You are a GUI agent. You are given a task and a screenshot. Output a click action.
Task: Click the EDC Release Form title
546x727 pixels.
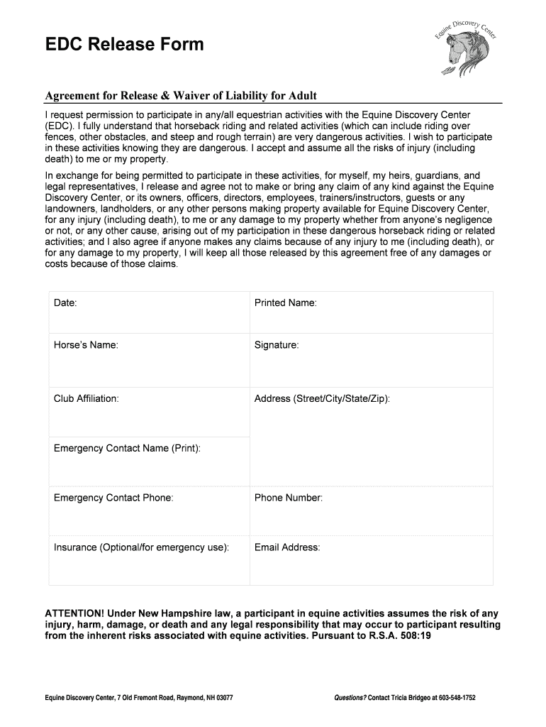(x=125, y=45)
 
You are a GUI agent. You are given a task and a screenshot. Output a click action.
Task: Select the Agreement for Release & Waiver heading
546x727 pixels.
(x=181, y=96)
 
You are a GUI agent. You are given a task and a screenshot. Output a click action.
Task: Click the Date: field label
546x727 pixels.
(x=65, y=303)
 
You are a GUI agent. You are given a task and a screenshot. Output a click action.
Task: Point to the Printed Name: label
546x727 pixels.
(x=285, y=303)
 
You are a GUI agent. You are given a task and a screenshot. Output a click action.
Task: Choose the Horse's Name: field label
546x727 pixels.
(x=86, y=345)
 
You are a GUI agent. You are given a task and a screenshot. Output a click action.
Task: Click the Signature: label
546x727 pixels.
(x=277, y=345)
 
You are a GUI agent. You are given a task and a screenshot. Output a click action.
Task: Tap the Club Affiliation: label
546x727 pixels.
(x=87, y=398)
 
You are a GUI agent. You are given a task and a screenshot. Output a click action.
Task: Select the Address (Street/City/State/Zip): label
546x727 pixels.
(x=322, y=398)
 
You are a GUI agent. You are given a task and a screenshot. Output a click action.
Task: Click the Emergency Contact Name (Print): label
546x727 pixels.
(x=127, y=448)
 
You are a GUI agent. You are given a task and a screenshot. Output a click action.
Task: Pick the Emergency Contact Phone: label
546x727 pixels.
(x=113, y=498)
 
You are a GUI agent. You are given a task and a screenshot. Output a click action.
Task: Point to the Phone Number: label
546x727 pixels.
(x=289, y=498)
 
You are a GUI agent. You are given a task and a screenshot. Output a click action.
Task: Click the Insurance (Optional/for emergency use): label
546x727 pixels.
(x=141, y=547)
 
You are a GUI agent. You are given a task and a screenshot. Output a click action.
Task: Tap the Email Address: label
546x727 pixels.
(x=287, y=547)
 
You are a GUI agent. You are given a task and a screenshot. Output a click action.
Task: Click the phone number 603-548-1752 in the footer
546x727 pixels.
(x=453, y=698)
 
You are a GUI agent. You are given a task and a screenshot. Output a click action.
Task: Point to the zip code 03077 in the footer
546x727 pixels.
(x=223, y=698)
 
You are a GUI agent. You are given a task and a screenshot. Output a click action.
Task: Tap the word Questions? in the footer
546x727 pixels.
(x=350, y=698)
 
